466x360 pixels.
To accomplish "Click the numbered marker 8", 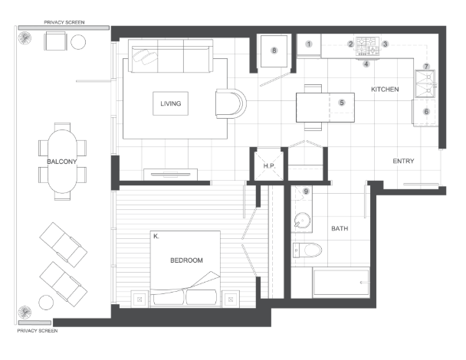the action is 274,51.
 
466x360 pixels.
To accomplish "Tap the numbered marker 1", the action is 309,44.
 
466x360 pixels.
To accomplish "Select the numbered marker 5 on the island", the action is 342,103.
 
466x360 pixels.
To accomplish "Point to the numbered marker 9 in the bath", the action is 306,191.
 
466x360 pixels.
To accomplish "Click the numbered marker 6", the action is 426,112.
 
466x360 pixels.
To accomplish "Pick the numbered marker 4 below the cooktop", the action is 366,64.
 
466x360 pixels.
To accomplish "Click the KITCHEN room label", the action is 385,89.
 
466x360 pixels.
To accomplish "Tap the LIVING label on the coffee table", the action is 171,103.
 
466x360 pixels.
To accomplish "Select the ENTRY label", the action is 403,161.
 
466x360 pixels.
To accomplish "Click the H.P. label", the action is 269,166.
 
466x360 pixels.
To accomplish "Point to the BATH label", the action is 340,228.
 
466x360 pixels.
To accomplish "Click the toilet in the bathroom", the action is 307,250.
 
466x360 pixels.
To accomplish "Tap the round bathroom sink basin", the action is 302,221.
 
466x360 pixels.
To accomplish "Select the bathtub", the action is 341,282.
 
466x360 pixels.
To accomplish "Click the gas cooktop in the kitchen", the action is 368,46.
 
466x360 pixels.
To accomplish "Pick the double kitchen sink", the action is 425,83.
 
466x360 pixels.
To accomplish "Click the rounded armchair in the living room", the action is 231,103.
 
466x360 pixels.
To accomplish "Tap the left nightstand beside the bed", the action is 139,299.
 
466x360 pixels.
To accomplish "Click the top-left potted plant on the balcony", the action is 25,38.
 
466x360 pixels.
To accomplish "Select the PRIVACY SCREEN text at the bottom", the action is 38,331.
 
